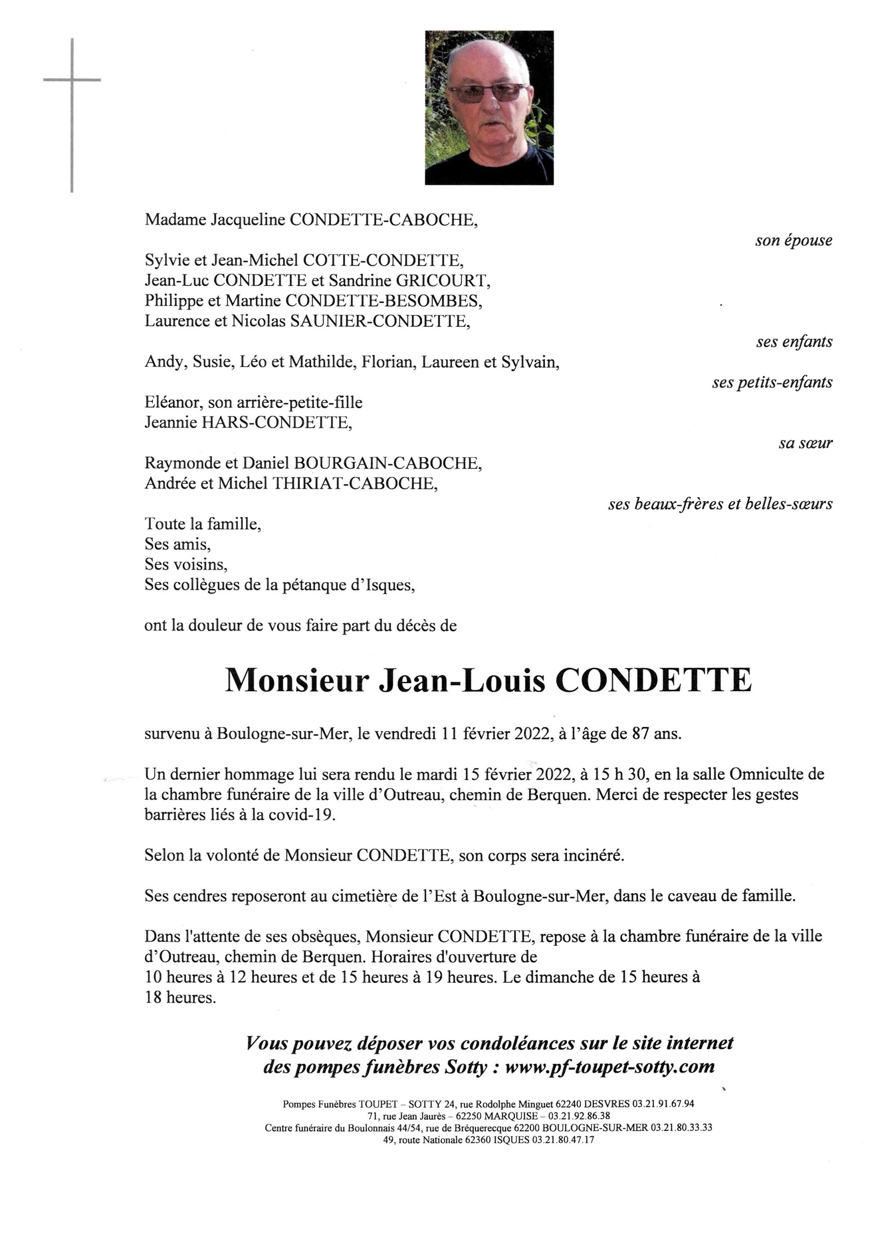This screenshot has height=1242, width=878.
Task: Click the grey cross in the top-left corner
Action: click(72, 81)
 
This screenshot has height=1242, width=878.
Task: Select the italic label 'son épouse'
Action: click(793, 241)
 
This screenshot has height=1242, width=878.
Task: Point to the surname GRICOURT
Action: click(441, 281)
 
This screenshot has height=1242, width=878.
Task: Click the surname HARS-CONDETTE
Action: click(276, 423)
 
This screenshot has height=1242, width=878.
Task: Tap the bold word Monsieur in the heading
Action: click(297, 681)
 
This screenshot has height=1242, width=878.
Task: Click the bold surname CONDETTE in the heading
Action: click(653, 681)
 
